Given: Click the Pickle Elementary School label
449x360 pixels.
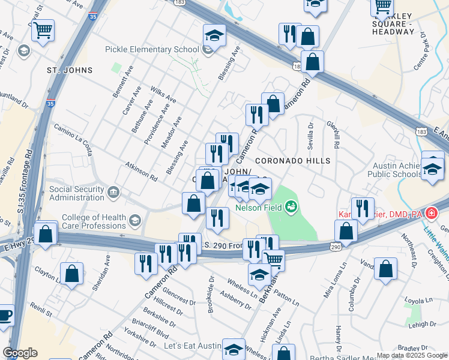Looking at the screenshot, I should point(152,49).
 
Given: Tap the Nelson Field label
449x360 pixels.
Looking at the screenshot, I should point(259,208).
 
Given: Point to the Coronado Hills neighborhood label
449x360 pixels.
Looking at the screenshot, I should point(292,161).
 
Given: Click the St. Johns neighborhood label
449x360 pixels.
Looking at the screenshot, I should point(70,70).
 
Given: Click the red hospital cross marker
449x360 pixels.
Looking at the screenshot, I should point(431,213).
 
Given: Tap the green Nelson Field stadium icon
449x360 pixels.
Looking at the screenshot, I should point(292,208).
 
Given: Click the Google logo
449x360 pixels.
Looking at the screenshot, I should point(20,353).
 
